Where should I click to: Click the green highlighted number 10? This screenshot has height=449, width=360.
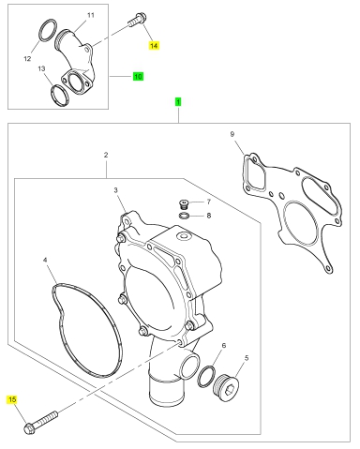pyautogui.click(x=138, y=76)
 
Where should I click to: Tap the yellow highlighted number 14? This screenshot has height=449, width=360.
pyautogui.click(x=154, y=46)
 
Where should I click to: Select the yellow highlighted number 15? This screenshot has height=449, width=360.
pyautogui.click(x=12, y=399)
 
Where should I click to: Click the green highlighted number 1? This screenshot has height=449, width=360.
pyautogui.click(x=178, y=102)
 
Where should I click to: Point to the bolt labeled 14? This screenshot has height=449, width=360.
pyautogui.click(x=137, y=19)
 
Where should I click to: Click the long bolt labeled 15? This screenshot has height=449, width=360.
pyautogui.click(x=40, y=422)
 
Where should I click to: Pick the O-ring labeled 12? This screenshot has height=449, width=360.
pyautogui.click(x=48, y=30)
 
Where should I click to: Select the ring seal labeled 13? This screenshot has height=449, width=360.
pyautogui.click(x=60, y=95)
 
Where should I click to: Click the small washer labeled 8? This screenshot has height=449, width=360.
pyautogui.click(x=185, y=216)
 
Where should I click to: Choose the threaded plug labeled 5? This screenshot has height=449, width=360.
pyautogui.click(x=226, y=386)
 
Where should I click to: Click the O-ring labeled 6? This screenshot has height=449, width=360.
pyautogui.click(x=206, y=376)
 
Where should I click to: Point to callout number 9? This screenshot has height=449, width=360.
pyautogui.click(x=232, y=134)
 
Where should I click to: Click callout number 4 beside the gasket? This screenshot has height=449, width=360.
pyautogui.click(x=45, y=260)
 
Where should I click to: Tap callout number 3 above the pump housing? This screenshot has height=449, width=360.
pyautogui.click(x=115, y=190)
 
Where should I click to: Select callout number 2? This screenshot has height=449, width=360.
pyautogui.click(x=106, y=155)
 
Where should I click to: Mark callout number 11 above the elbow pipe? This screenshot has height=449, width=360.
pyautogui.click(x=91, y=15)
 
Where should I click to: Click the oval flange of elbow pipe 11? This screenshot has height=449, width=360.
pyautogui.click(x=76, y=82)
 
